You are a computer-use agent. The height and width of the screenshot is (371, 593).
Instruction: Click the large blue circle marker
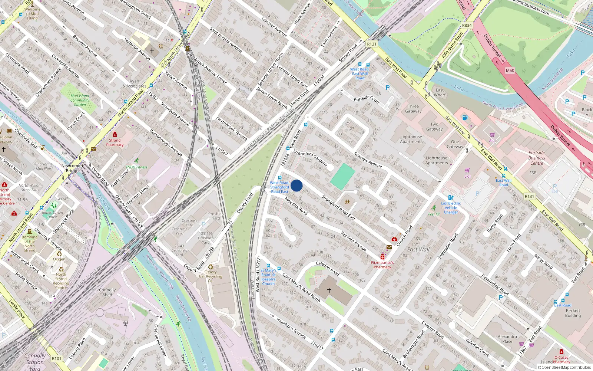click(296, 185)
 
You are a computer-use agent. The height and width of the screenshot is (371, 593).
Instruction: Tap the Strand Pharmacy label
click(115, 142)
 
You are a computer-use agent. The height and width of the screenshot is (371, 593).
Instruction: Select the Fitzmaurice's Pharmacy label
click(382, 265)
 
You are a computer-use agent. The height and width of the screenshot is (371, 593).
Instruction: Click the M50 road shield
click(510, 70)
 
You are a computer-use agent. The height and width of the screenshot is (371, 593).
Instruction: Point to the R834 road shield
click(467, 26)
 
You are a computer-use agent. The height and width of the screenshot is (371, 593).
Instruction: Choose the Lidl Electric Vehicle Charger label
click(451, 208)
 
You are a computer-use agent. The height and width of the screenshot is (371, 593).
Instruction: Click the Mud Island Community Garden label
click(80, 100)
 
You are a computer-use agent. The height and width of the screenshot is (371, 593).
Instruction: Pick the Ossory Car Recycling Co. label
click(211, 276)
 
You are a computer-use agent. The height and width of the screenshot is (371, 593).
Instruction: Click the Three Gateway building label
click(413, 109)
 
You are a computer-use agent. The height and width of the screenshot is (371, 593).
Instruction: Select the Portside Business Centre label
click(536, 158)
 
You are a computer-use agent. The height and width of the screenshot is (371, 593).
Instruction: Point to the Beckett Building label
click(573, 313)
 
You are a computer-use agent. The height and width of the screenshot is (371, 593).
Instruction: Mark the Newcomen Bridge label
click(72, 168)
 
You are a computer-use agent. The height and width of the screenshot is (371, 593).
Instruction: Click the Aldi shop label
click(492, 141)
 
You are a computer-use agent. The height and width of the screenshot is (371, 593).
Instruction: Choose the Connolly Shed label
click(107, 292)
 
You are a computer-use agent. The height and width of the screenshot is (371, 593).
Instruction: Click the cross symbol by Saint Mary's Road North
click(329, 290)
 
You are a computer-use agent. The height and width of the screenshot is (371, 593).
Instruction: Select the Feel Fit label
click(434, 214)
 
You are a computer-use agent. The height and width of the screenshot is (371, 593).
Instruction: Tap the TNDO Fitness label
click(136, 167)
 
